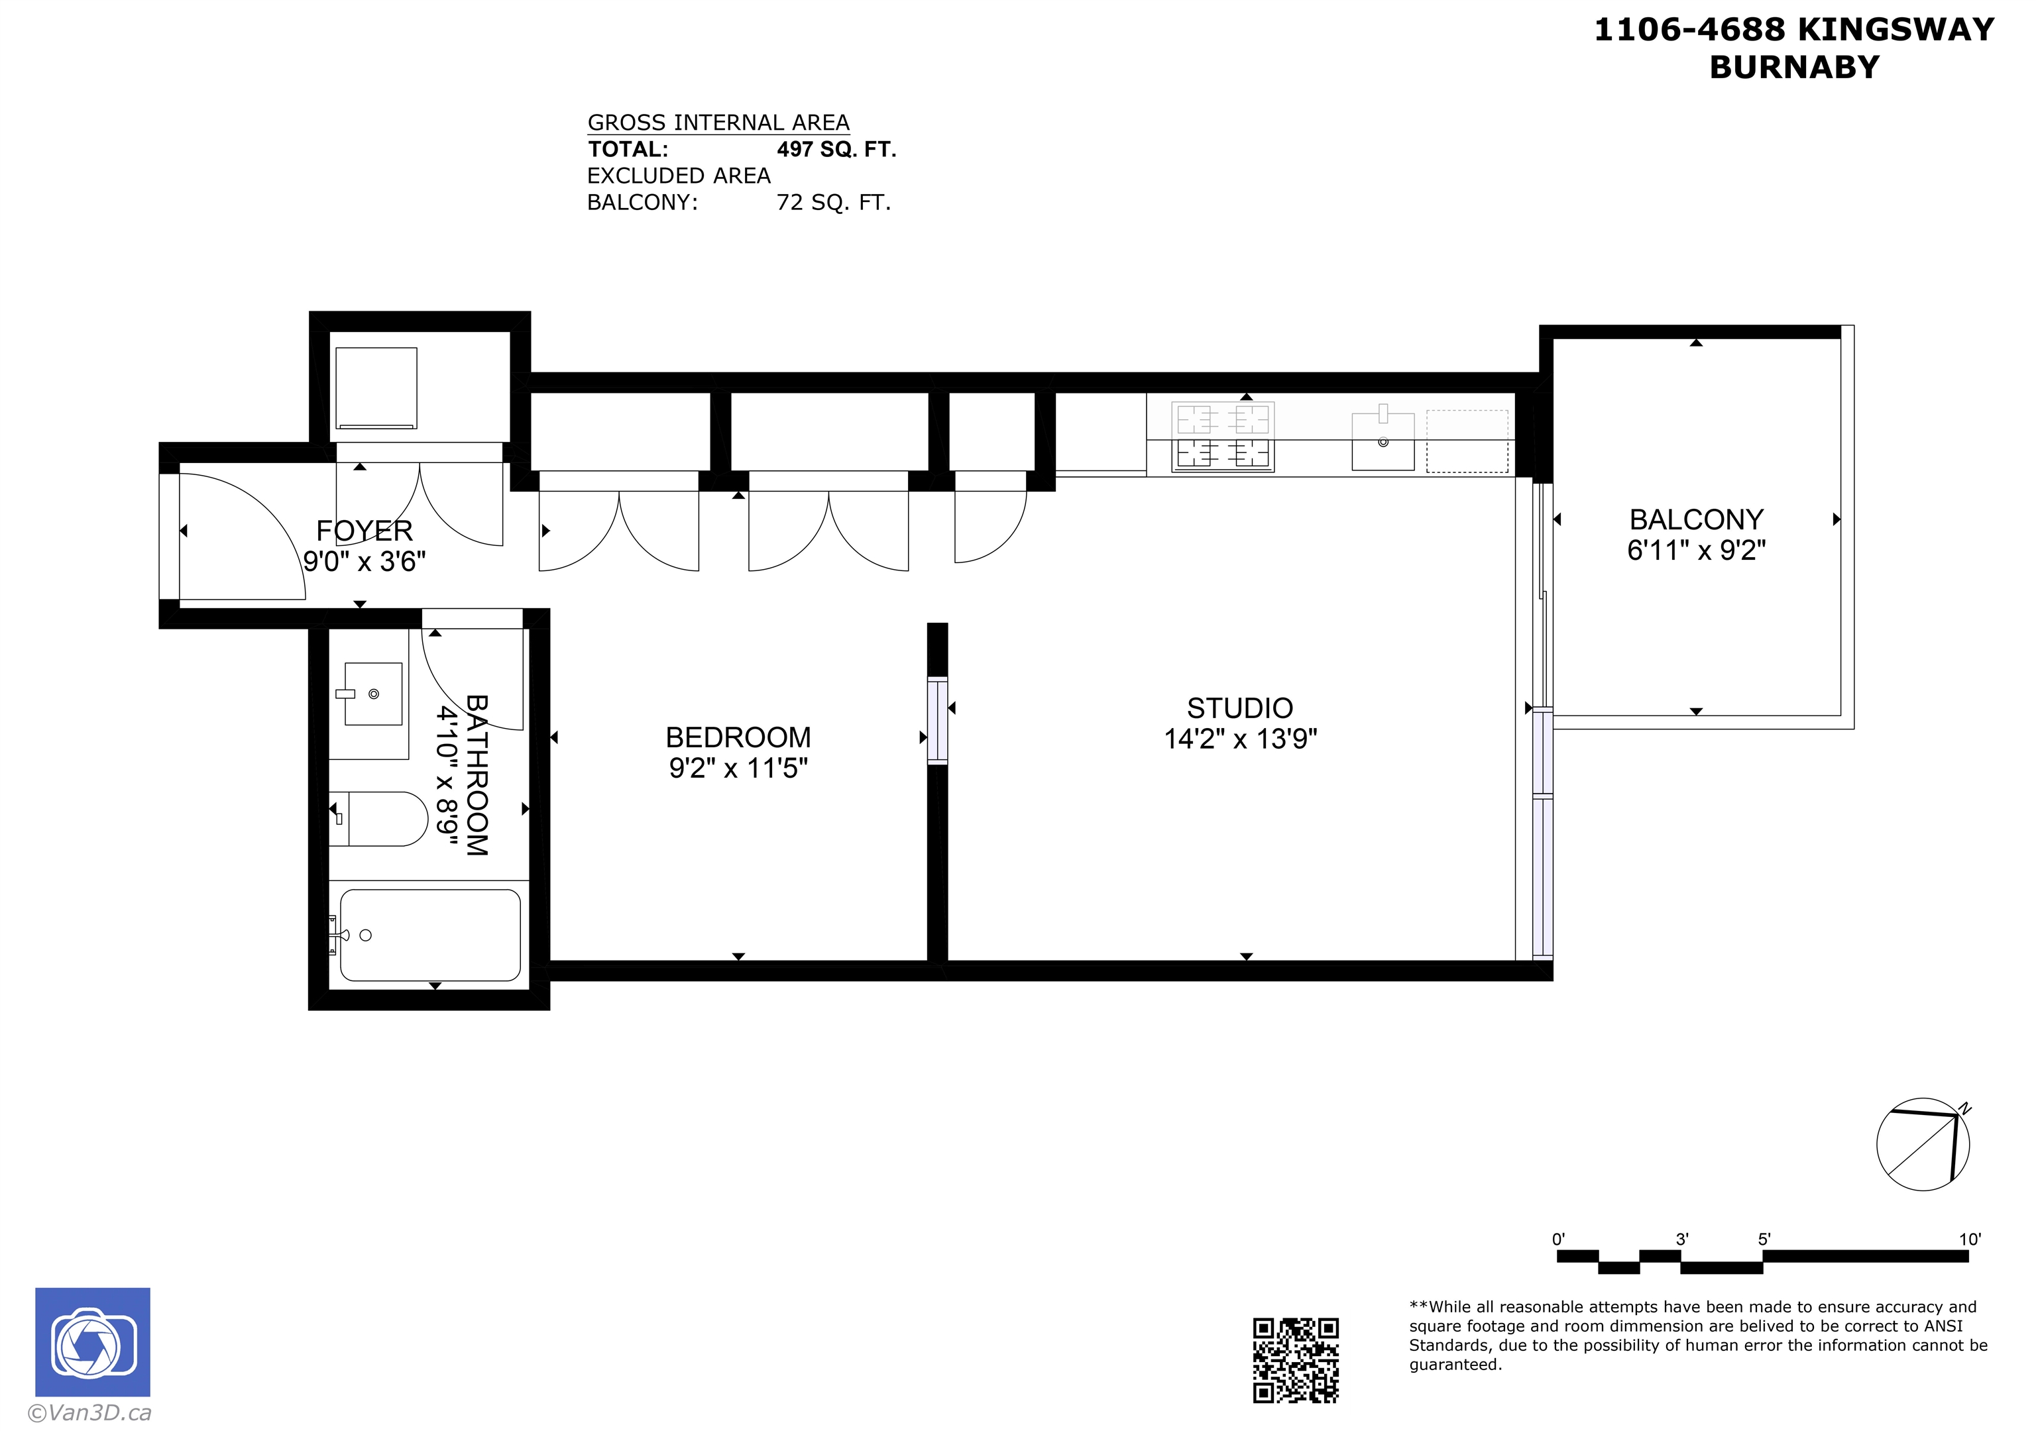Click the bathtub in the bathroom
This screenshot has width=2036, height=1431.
(430, 935)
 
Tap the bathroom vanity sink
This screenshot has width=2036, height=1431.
(372, 694)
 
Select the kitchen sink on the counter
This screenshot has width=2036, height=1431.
(1383, 441)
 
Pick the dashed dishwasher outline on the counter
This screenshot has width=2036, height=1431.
(1467, 441)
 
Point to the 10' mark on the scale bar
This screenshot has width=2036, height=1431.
(1970, 1240)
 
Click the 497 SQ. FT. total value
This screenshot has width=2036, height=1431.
(836, 149)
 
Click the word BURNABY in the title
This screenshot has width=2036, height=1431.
(1794, 68)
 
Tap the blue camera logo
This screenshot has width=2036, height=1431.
(92, 1342)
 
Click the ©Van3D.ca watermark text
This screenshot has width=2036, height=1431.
(89, 1413)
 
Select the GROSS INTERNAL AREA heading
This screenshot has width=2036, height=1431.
(718, 123)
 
